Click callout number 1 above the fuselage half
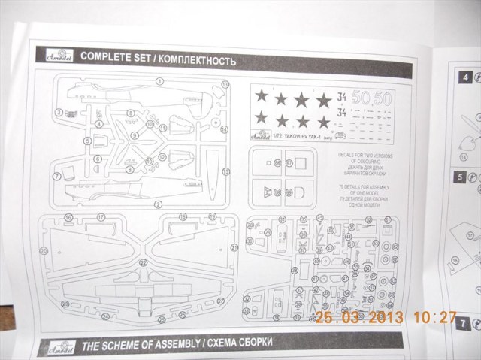pyautogui.click(x=159, y=80)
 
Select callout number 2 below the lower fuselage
pyautogui.click(x=159, y=204)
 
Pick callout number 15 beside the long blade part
pyautogui.click(x=225, y=171)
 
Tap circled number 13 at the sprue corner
pyautogui.click(x=225, y=84)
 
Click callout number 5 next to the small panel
pyautogui.click(x=87, y=140)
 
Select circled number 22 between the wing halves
pyautogui.click(x=143, y=262)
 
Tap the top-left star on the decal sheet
pyautogui.click(x=262, y=96)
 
